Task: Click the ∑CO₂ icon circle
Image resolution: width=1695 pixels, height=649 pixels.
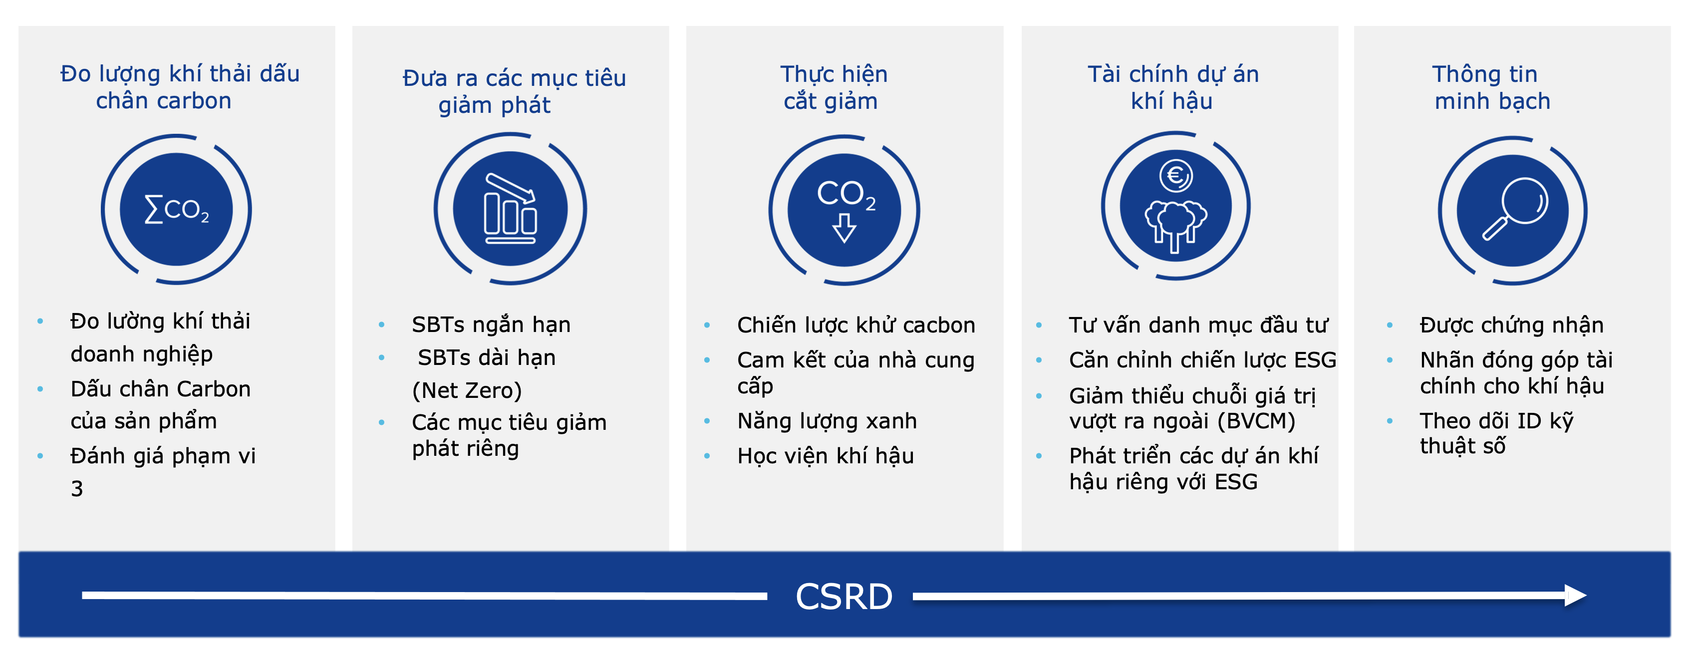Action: pyautogui.click(x=176, y=209)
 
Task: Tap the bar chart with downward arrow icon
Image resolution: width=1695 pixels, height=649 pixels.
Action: pyautogui.click(x=511, y=208)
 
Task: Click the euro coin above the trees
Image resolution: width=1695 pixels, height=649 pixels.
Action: pyautogui.click(x=1176, y=176)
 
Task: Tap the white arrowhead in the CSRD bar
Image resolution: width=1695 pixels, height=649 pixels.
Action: pyautogui.click(x=1575, y=595)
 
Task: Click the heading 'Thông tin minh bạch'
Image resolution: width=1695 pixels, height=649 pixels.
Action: pyautogui.click(x=1492, y=87)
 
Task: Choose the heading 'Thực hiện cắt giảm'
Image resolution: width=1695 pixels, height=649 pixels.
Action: pyautogui.click(x=833, y=87)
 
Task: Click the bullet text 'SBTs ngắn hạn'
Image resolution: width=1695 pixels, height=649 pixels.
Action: pyautogui.click(x=491, y=324)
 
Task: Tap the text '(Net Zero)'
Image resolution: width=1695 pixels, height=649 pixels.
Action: pyautogui.click(x=467, y=390)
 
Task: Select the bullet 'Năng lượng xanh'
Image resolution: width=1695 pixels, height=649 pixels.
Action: pyautogui.click(x=827, y=420)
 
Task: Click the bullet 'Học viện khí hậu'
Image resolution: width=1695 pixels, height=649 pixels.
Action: pyautogui.click(x=825, y=455)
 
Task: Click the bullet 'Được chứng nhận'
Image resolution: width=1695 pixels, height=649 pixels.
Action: pyautogui.click(x=1511, y=324)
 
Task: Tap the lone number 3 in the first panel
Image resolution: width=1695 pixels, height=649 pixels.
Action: pyautogui.click(x=77, y=488)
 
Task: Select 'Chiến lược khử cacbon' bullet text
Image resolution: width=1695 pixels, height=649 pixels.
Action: pyautogui.click(x=856, y=324)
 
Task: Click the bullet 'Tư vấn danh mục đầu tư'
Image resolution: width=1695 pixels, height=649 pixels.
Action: pyautogui.click(x=1198, y=324)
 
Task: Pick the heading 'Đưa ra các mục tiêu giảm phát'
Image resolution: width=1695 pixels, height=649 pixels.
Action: pyautogui.click(x=514, y=91)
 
